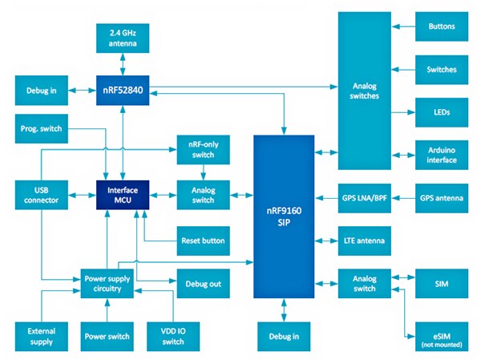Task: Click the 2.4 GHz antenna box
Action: [122, 36]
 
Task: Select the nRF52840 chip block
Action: [122, 88]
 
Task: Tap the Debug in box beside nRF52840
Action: [41, 88]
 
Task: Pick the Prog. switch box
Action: [41, 128]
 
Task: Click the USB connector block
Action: [41, 194]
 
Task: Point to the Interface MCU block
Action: [122, 194]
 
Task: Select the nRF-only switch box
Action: [203, 149]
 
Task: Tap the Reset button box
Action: [203, 240]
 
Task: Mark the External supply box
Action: [41, 334]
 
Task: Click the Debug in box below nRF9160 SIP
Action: [284, 334]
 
